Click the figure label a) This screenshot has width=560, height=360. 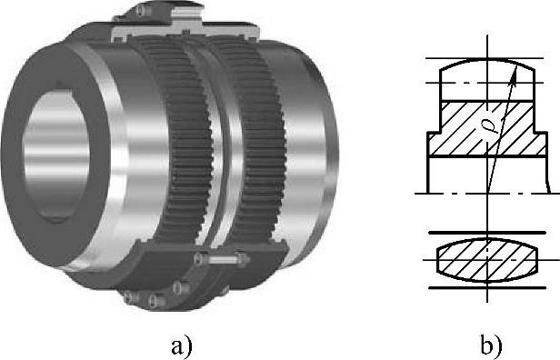[x=182, y=346]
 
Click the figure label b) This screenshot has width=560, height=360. [x=492, y=346]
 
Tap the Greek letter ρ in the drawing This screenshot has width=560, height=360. [x=495, y=125]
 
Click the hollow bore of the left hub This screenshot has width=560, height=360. [x=56, y=155]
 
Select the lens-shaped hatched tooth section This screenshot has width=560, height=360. [x=487, y=260]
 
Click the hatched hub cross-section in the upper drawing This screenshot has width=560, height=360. [x=487, y=128]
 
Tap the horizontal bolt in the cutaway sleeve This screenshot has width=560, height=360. [x=222, y=258]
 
